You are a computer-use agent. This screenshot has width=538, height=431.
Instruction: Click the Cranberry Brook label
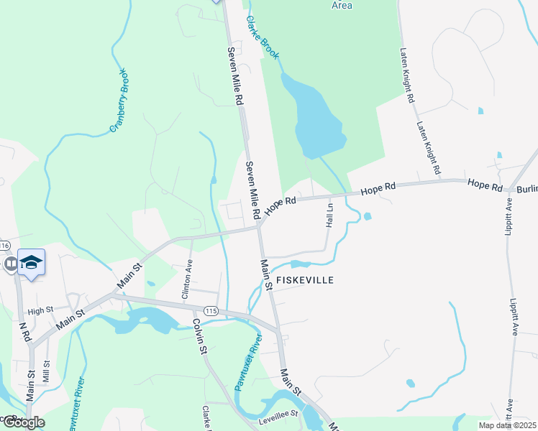pyautogui.click(x=119, y=101)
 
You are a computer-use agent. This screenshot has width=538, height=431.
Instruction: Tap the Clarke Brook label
pyautogui.click(x=263, y=37)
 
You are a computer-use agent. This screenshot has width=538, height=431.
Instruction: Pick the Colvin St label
pyautogui.click(x=199, y=336)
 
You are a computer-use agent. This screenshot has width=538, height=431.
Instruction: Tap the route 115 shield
pyautogui.click(x=211, y=310)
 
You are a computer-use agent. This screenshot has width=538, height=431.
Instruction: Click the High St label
pyautogui.click(x=40, y=311)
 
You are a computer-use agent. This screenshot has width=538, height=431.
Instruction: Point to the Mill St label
pyautogui.click(x=46, y=372)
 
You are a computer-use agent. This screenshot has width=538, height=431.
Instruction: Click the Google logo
pyautogui.click(x=23, y=422)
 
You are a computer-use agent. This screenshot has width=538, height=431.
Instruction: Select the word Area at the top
pyautogui.click(x=342, y=5)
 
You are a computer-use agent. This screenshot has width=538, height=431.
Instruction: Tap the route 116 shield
pyautogui.click(x=4, y=246)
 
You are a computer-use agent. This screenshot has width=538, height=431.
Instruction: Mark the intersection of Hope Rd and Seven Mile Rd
pyautogui.click(x=259, y=226)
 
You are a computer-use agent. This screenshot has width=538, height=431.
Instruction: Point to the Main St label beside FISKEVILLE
pyautogui.click(x=266, y=275)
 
